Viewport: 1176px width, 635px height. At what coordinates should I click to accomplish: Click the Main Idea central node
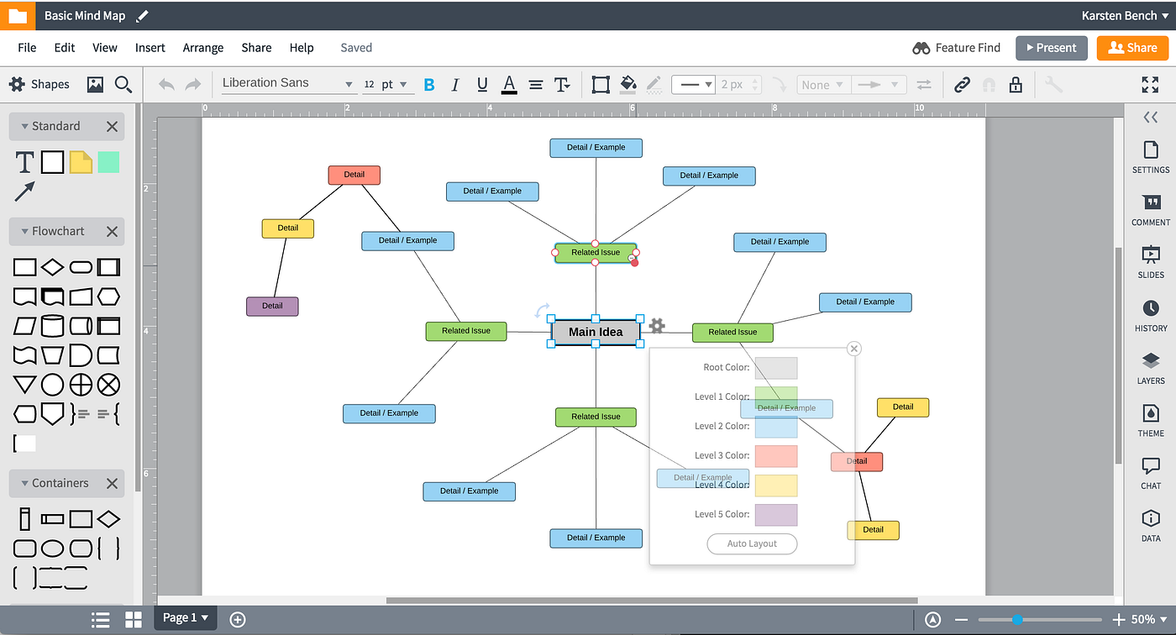[596, 332]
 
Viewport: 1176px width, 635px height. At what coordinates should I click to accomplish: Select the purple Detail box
[272, 306]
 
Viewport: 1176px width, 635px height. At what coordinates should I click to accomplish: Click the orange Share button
[1131, 48]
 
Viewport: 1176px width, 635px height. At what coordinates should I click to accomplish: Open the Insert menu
[150, 48]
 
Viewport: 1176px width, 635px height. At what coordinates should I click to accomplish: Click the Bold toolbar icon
[429, 84]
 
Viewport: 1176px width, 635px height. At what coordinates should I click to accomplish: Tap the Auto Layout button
[752, 543]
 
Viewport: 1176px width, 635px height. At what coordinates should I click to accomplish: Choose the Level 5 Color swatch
[775, 515]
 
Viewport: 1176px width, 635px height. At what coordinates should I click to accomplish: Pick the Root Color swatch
[775, 368]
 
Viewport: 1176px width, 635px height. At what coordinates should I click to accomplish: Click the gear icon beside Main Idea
[657, 326]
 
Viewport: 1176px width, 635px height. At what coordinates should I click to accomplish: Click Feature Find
[957, 48]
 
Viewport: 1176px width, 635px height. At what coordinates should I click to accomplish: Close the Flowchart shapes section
[112, 231]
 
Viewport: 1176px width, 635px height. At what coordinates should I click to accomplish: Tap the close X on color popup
[854, 349]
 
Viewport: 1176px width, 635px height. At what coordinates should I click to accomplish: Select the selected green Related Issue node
[595, 252]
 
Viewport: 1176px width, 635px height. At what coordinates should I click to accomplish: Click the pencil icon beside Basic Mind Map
[142, 16]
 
